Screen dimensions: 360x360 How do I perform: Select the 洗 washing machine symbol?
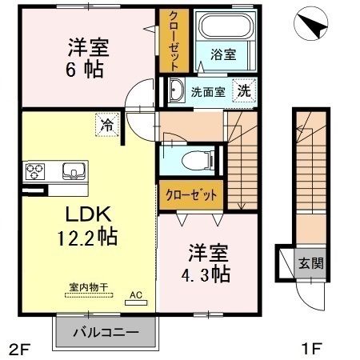[x=242, y=90]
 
